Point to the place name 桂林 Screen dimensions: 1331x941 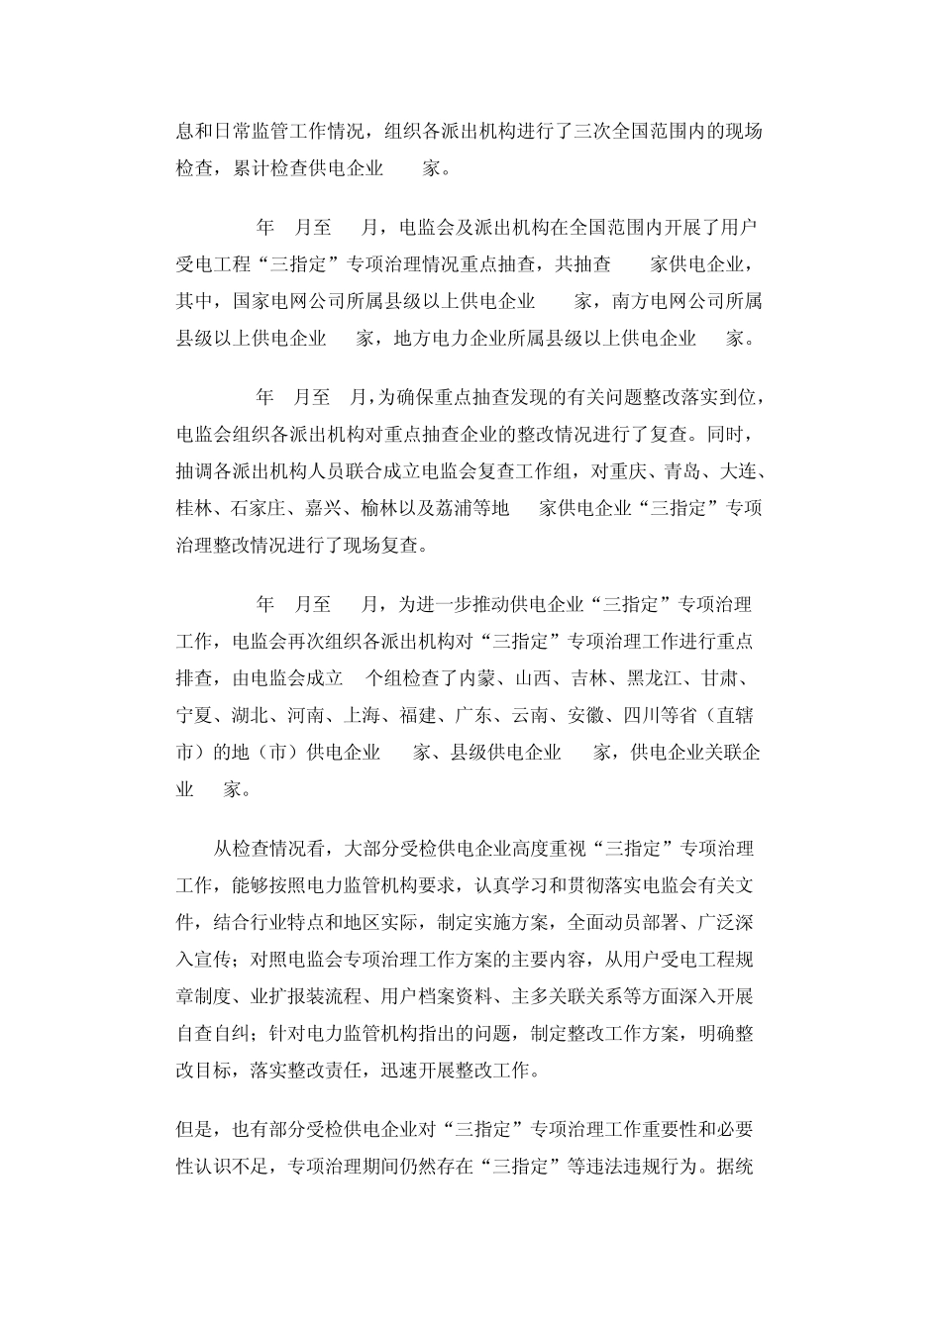[195, 508]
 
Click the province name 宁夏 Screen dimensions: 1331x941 [195, 716]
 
